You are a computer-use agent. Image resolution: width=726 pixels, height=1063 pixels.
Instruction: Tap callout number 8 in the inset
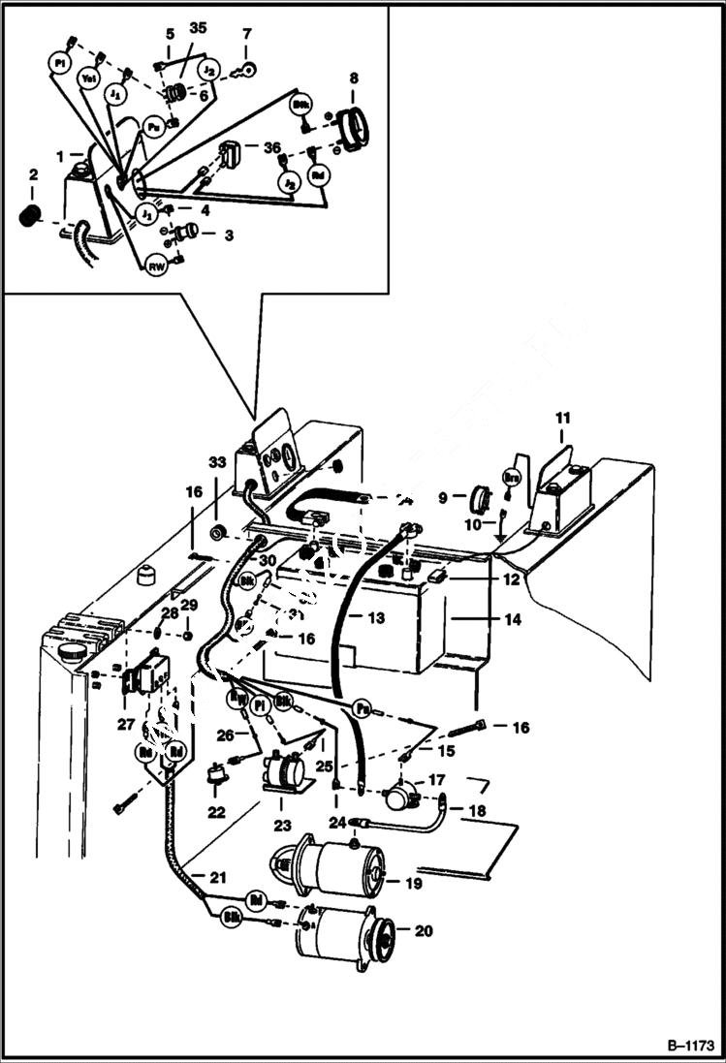(x=353, y=78)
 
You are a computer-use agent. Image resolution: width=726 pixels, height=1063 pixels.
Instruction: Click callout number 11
(x=563, y=418)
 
